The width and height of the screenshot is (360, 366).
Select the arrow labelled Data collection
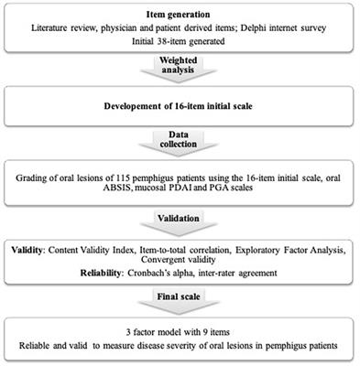pyautogui.click(x=180, y=141)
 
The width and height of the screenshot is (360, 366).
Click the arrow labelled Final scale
pyautogui.click(x=180, y=298)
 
